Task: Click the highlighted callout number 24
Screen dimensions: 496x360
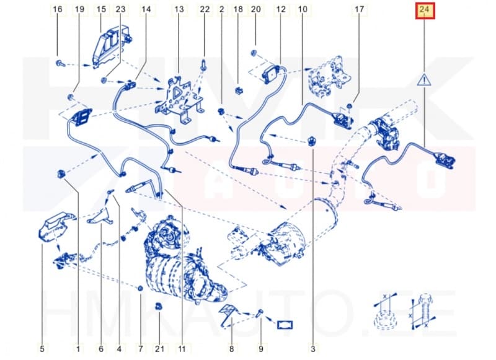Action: [425, 11]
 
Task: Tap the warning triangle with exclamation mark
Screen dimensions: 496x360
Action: [424, 80]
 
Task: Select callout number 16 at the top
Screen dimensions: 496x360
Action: [57, 9]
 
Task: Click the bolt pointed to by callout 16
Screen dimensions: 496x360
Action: [60, 63]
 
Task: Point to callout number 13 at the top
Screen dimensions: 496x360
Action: [179, 9]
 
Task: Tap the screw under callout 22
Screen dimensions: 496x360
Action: [203, 66]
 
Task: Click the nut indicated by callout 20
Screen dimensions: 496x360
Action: [254, 53]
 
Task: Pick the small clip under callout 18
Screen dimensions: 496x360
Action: [239, 91]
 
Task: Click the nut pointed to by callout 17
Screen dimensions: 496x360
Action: [350, 106]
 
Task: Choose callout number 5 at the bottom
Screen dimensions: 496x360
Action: [42, 349]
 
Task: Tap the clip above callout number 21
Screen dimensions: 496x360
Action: [159, 306]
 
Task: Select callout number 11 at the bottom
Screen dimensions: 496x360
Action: [182, 349]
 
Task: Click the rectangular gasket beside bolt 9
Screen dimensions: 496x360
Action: [285, 325]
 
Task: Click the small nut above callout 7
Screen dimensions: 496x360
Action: [140, 288]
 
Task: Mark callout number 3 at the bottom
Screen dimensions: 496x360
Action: [313, 349]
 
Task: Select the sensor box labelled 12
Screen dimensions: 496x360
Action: [271, 74]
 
